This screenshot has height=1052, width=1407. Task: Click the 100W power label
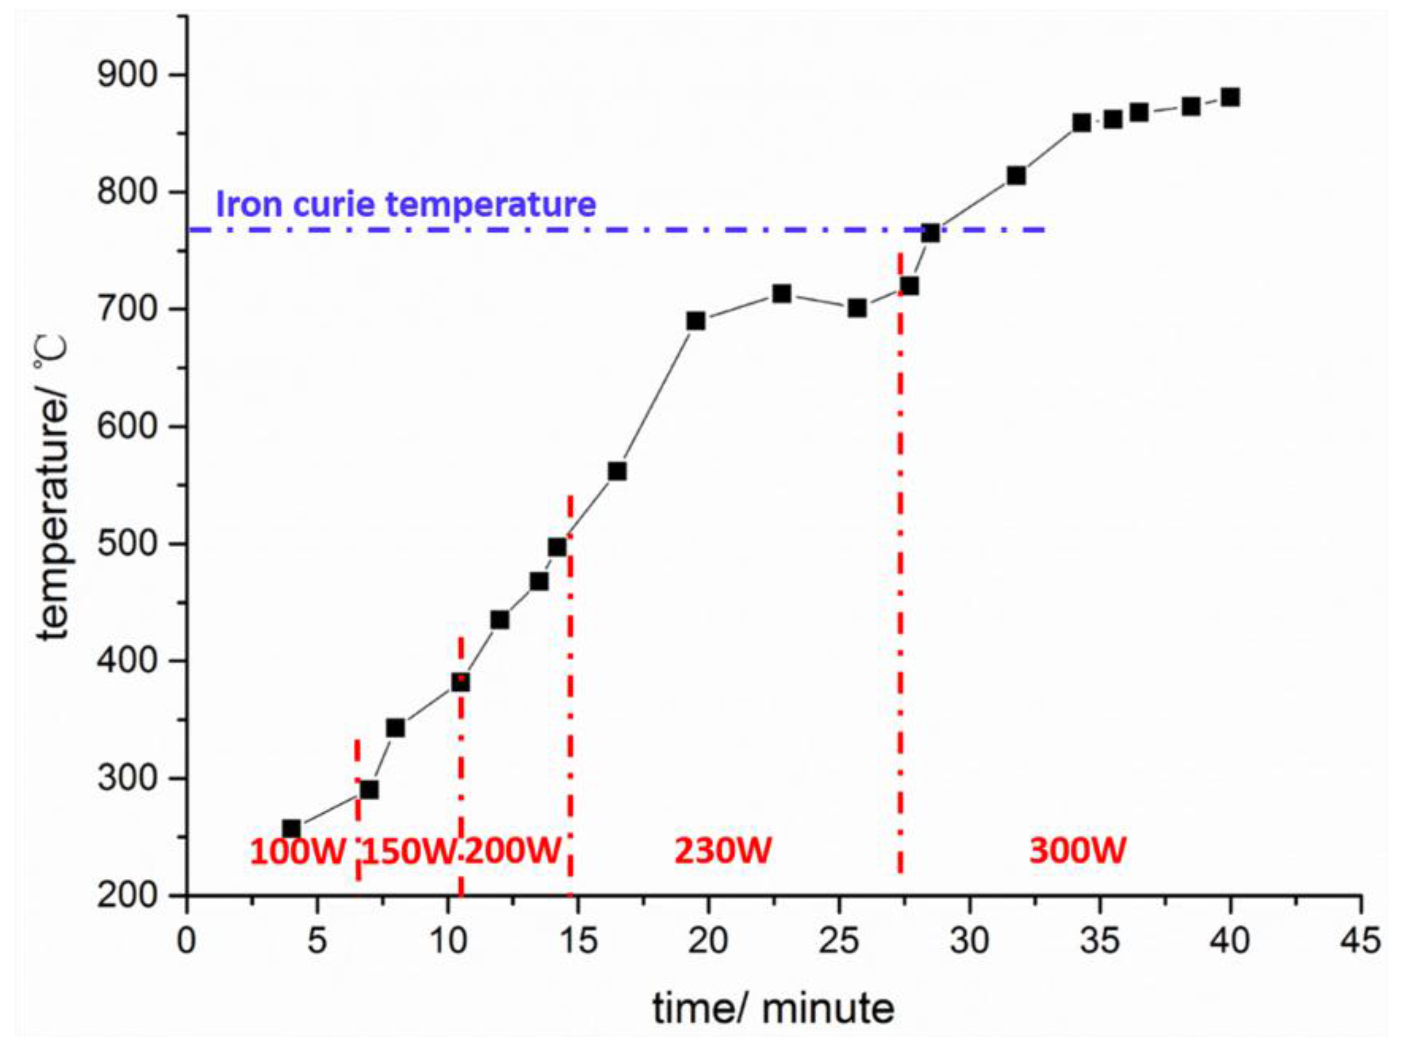click(297, 851)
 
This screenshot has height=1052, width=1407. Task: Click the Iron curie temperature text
click(406, 204)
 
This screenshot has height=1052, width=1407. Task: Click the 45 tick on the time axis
click(1360, 941)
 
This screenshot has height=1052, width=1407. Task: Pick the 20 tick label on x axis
click(708, 941)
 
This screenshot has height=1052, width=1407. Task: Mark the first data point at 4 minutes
click(291, 829)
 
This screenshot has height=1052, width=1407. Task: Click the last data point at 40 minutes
click(1230, 97)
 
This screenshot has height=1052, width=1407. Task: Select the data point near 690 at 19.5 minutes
click(696, 321)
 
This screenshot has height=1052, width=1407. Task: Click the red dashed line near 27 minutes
click(900, 573)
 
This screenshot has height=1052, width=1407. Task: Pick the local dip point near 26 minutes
click(857, 308)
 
